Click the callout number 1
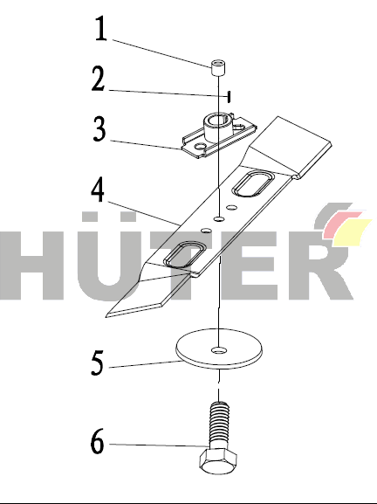[101, 29]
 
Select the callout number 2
[99, 79]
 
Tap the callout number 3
[99, 129]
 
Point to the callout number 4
[98, 190]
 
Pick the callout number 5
[98, 362]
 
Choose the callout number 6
[97, 441]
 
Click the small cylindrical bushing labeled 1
[218, 67]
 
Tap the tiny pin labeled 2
[229, 96]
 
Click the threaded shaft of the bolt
[219, 425]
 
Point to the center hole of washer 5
[219, 350]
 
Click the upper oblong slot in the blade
[253, 183]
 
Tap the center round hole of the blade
[219, 219]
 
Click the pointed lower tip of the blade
[107, 316]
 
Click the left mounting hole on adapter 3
[201, 147]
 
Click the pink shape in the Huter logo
[342, 224]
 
